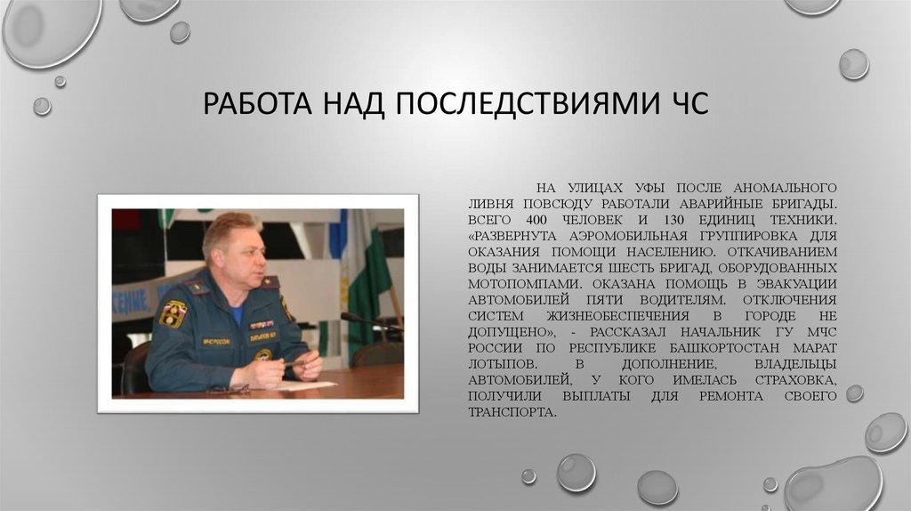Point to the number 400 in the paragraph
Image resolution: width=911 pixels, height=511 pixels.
point(537,218)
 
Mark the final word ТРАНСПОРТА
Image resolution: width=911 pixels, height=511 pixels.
point(512,412)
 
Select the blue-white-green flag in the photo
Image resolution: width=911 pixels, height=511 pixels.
point(365,267)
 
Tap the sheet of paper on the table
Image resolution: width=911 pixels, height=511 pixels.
point(307,385)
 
